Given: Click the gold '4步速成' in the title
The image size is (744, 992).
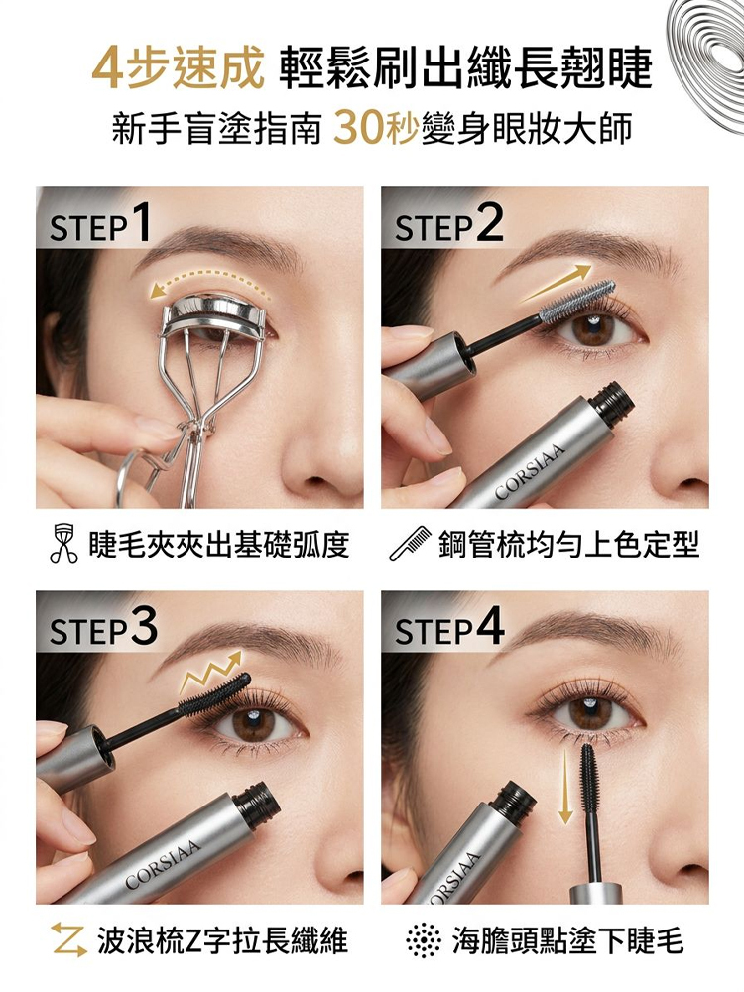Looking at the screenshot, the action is pos(178,67).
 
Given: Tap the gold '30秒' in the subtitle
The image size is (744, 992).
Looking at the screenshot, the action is pos(376,127).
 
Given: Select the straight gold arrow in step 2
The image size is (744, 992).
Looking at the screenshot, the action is pos(556,283).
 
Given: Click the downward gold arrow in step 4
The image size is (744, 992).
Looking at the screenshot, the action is pos(565,785).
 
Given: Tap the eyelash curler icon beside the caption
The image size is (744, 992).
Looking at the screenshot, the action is pos(63,544).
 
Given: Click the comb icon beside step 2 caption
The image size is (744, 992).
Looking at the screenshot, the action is pos(410,544).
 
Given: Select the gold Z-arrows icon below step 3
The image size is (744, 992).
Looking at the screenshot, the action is pos(69,938).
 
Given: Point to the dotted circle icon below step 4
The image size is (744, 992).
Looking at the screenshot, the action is pos(424,940).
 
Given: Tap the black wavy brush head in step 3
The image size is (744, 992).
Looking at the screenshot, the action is pos(215,693).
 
